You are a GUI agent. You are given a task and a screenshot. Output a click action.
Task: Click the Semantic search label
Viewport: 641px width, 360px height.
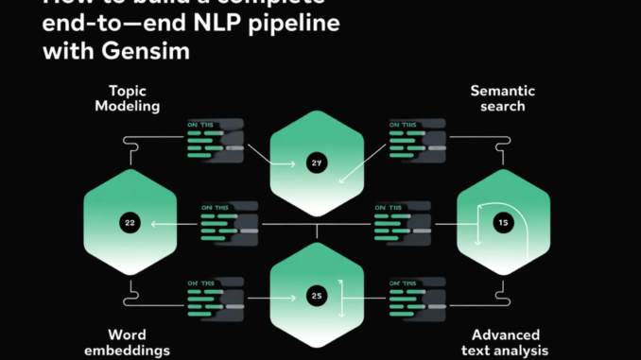pos(504,99)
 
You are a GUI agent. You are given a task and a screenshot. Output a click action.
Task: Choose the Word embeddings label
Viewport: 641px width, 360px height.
pos(129,343)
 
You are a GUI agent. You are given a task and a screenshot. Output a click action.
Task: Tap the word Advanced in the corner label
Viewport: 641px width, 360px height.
pos(506,334)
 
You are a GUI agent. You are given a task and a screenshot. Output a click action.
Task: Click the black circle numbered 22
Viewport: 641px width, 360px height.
pos(130,223)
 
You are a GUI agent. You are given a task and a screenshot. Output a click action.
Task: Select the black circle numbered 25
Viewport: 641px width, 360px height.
pos(317,296)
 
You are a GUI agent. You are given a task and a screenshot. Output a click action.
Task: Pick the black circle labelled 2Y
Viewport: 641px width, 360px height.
pos(317,163)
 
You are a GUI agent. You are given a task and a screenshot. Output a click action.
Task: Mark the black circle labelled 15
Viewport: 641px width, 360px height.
pos(504,223)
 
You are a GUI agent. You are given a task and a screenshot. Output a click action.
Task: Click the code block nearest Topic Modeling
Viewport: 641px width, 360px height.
pos(215,137)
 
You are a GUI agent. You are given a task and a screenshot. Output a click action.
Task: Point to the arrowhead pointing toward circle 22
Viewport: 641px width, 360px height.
pos(156,224)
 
